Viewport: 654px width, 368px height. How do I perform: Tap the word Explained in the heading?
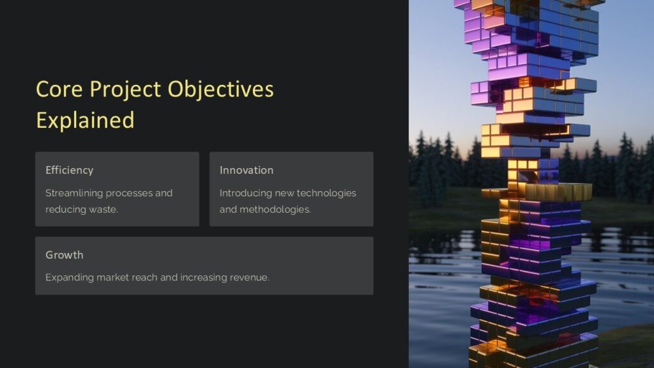coord(85,120)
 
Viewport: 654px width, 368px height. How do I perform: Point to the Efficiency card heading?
coord(69,170)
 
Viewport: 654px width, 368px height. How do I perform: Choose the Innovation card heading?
coord(247,170)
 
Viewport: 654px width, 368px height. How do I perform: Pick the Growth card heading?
coord(64,254)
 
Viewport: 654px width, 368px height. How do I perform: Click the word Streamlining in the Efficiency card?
coord(74,193)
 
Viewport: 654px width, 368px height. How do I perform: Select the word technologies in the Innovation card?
coord(326,193)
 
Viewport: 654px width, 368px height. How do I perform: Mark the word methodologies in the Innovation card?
coord(275,210)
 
